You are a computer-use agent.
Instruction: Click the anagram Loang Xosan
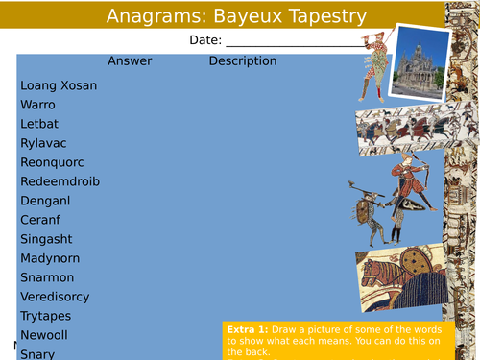coord(59,85)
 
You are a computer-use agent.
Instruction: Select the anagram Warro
coord(38,105)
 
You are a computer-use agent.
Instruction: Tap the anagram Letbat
coord(39,124)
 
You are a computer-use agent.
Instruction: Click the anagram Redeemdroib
coord(60,181)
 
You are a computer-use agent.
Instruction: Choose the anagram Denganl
coord(45,201)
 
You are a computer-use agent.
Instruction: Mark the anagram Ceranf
coord(41,220)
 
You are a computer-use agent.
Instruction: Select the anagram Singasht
coord(47,239)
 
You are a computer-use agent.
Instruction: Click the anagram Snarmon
coord(47,277)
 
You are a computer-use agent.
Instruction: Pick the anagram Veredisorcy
coord(59,297)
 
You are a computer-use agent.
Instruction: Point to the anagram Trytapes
coord(48,316)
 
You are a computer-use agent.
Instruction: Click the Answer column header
coord(130,61)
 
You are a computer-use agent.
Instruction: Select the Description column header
coord(243,61)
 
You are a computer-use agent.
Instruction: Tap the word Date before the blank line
coord(204,40)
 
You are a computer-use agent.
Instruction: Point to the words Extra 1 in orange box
coord(245,328)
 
